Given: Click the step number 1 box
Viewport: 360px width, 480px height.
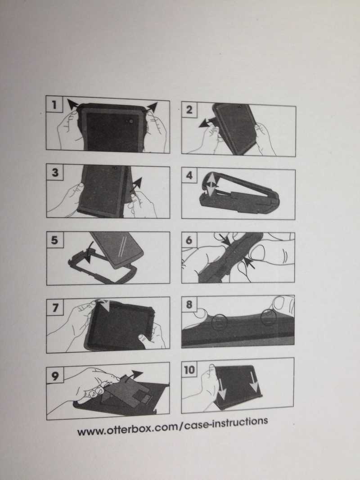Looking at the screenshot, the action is (54, 104).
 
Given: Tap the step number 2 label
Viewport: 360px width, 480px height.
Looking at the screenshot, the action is (189, 109).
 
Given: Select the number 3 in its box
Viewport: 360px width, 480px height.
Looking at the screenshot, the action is (55, 172).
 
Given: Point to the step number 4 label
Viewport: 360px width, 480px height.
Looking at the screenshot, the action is (189, 175).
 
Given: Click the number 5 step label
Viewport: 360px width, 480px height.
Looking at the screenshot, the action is (55, 240).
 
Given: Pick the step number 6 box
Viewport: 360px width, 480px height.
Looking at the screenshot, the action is (189, 240).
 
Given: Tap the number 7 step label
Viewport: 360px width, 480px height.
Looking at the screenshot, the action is (55, 307).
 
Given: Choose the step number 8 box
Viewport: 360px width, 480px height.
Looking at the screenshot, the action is (189, 304).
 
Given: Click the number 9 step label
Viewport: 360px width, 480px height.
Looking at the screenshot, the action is (55, 375).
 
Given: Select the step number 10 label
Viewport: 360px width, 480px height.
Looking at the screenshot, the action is (189, 370).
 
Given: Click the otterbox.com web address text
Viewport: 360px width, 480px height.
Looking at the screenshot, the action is (173, 427).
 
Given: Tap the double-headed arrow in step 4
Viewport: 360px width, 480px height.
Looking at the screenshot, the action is (211, 184).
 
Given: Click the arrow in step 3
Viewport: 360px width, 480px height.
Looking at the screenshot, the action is (136, 184).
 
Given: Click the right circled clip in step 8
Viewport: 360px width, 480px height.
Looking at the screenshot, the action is (269, 317).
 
